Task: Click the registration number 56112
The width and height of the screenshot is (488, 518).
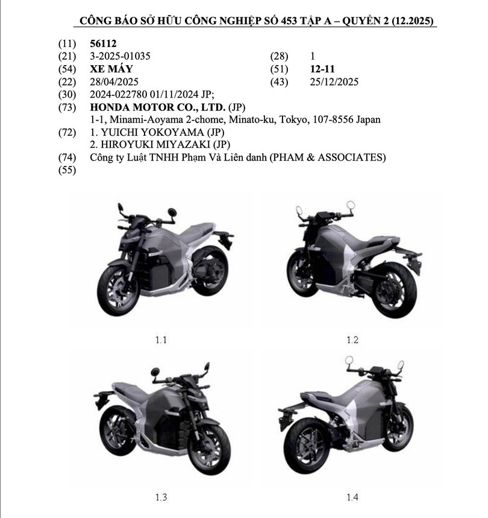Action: click(103, 44)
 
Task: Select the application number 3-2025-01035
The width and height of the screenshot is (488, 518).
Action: click(119, 56)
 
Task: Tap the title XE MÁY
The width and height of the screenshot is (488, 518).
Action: click(111, 69)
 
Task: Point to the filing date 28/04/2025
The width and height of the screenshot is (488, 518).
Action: click(114, 81)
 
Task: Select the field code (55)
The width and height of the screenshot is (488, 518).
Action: click(67, 170)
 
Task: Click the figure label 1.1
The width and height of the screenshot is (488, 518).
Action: click(160, 340)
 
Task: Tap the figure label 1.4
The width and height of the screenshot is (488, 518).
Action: click(352, 497)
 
